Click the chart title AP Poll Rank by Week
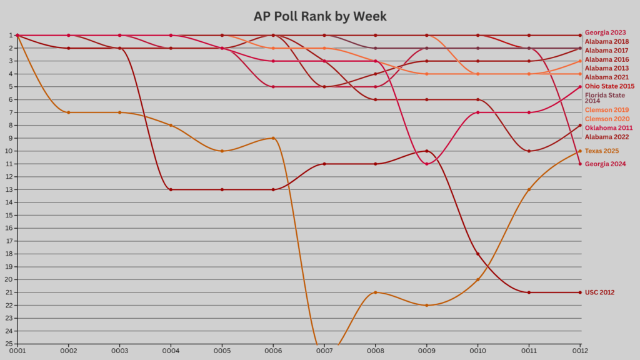(x=320, y=16)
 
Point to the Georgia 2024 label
(x=606, y=164)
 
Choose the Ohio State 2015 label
(x=609, y=86)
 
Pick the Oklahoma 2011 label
(x=607, y=128)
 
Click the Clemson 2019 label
(x=606, y=110)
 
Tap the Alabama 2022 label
(x=606, y=137)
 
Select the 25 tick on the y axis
(x=10, y=344)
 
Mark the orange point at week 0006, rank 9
(x=273, y=138)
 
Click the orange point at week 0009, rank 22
(x=427, y=305)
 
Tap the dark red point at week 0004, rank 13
(x=171, y=189)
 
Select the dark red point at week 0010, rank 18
(x=478, y=254)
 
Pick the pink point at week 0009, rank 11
(x=427, y=164)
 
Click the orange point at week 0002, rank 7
(x=68, y=112)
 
